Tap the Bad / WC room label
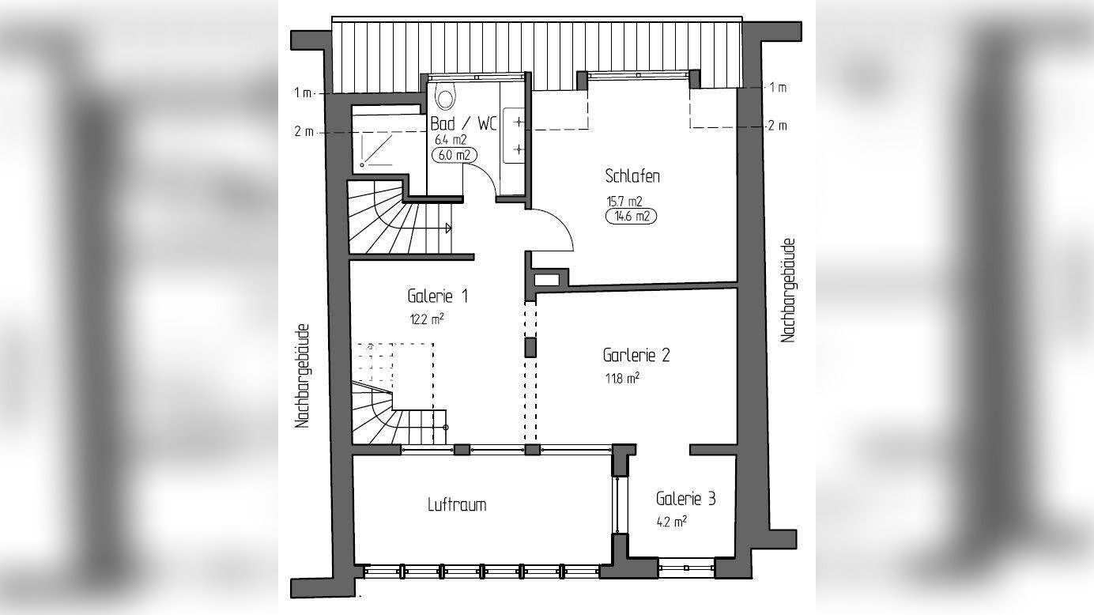pyautogui.click(x=464, y=124)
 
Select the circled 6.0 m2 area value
pyautogui.click(x=455, y=155)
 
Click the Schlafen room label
pyautogui.click(x=632, y=175)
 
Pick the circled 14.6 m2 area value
pyautogui.click(x=632, y=215)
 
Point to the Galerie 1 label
pyautogui.click(x=438, y=296)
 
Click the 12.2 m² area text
pyautogui.click(x=426, y=319)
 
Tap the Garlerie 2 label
pyautogui.click(x=636, y=355)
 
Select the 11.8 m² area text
pyautogui.click(x=621, y=379)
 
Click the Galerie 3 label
pyautogui.click(x=685, y=499)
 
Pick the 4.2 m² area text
pyautogui.click(x=671, y=522)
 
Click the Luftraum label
pyautogui.click(x=456, y=504)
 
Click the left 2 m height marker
pyautogui.click(x=304, y=132)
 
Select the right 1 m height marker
pyautogui.click(x=778, y=88)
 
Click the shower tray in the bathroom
pyautogui.click(x=380, y=148)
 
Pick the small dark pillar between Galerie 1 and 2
pyautogui.click(x=530, y=347)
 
